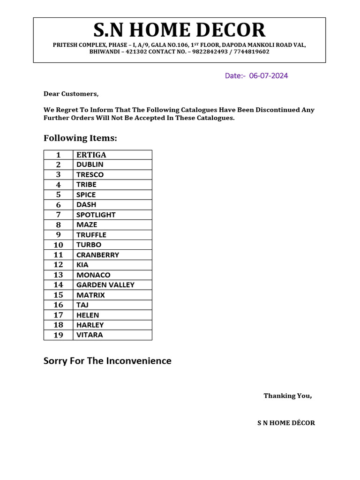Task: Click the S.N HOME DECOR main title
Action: coord(180,30)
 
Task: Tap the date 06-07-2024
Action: coord(269,75)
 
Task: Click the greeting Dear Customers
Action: coord(71,94)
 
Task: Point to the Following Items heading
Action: coord(80,138)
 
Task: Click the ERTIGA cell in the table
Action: coord(91,155)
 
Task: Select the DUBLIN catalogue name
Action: coord(90,165)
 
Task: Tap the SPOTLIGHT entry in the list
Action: coord(96,215)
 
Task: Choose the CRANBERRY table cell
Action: coord(97,255)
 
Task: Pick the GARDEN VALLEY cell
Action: coord(105,285)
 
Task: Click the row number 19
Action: coord(58,335)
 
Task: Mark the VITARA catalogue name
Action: coord(90,335)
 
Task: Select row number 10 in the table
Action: coord(58,245)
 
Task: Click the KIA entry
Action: coord(82,265)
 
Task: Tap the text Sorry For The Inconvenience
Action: coord(107,361)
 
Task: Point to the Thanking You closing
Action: coord(287,396)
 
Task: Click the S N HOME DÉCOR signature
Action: coord(286,423)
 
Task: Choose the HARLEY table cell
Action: coord(90,325)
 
